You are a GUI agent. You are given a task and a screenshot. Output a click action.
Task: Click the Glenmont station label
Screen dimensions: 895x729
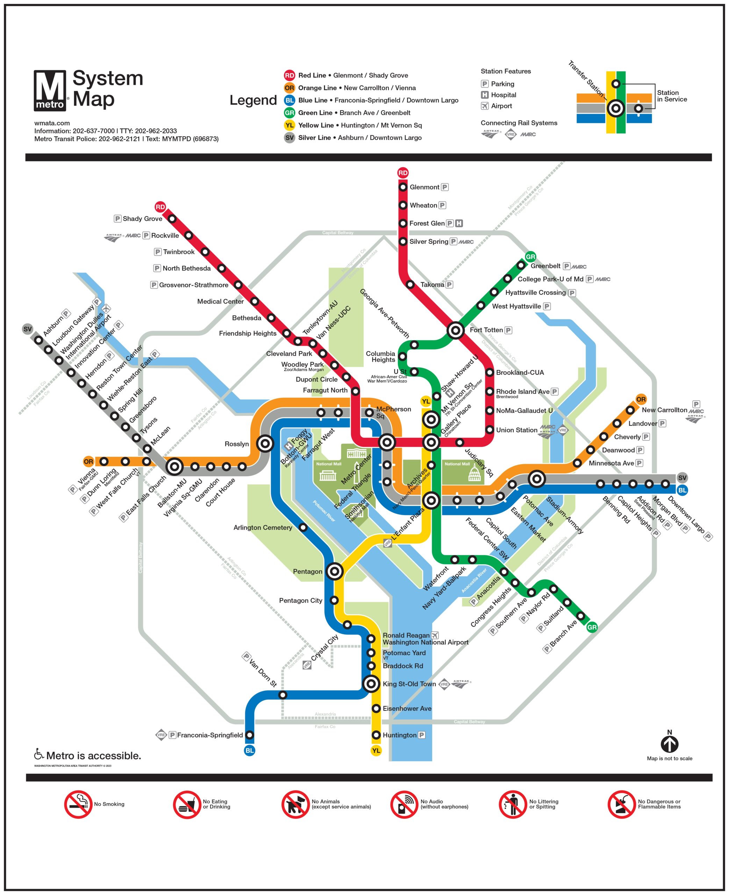pyautogui.click(x=424, y=187)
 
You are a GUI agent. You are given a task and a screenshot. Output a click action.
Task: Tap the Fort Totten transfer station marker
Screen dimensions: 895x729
pyautogui.click(x=456, y=330)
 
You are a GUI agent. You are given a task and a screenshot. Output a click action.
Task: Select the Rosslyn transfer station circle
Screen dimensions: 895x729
pyautogui.click(x=265, y=443)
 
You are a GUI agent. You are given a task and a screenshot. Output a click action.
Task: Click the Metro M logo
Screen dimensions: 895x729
pyautogui.click(x=50, y=91)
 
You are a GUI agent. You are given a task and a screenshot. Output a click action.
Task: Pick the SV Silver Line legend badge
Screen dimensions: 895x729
pyautogui.click(x=290, y=138)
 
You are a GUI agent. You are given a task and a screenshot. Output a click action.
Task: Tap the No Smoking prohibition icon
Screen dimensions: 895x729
pyautogui.click(x=78, y=804)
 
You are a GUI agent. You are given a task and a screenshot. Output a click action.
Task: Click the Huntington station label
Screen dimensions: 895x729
pyautogui.click(x=399, y=735)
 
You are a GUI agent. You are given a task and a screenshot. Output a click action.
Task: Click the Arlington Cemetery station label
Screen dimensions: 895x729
pyautogui.click(x=263, y=528)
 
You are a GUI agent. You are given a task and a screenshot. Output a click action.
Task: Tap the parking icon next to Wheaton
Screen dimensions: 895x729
pyautogui.click(x=442, y=205)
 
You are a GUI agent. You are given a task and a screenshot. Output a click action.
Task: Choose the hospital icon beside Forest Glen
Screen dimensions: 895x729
pyautogui.click(x=459, y=223)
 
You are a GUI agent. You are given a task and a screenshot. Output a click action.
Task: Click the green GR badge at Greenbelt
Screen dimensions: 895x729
pyautogui.click(x=530, y=257)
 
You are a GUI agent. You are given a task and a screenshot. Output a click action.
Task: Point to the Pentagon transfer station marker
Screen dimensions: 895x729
pyautogui.click(x=335, y=571)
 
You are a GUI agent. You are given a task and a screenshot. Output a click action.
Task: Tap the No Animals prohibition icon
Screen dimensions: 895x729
pyautogui.click(x=295, y=804)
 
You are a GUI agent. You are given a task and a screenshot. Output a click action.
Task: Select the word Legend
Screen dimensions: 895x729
pyautogui.click(x=253, y=100)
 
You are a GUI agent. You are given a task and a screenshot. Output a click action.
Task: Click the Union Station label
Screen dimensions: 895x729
pyautogui.click(x=516, y=430)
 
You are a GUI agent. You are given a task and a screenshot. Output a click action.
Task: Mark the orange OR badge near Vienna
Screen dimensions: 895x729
pyautogui.click(x=88, y=462)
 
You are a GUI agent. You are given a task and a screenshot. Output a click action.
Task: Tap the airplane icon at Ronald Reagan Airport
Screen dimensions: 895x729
pyautogui.click(x=435, y=635)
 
